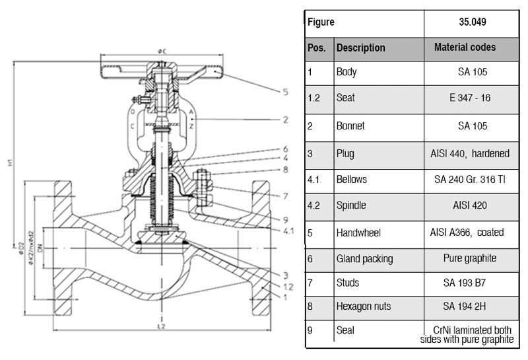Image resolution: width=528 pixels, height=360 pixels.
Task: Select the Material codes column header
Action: coord(465,48)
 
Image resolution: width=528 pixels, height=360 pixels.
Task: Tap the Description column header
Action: coord(360,48)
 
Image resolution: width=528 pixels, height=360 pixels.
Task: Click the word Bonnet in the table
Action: coord(350,126)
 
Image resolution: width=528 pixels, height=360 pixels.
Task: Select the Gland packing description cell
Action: coord(364,259)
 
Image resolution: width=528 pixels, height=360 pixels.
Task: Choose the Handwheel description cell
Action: coord(358,233)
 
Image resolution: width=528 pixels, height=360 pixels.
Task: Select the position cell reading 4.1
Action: coord(313,180)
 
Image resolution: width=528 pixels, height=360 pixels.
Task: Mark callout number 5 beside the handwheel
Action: coord(285,92)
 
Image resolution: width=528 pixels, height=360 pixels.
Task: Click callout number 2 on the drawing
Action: coord(285,120)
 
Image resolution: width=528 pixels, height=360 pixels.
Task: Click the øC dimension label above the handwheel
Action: coord(161,51)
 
